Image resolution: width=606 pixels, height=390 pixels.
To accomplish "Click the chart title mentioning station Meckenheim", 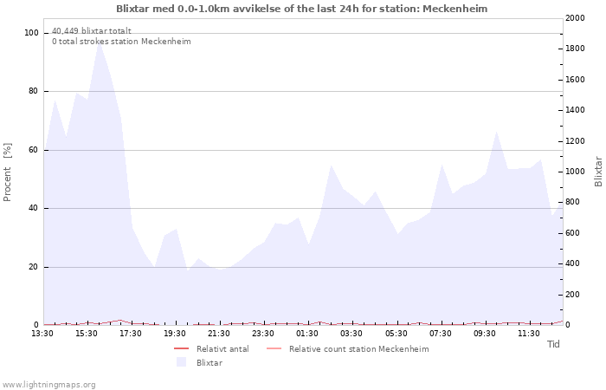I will point(302,9).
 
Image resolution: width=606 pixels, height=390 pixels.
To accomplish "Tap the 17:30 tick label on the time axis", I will point(131,334).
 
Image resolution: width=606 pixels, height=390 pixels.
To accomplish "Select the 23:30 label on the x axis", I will point(263,334).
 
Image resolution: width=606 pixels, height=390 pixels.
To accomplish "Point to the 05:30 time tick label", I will point(396,334).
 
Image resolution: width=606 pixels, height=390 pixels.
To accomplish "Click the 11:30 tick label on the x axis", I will point(529,334).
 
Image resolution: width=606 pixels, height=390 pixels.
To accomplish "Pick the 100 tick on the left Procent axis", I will point(32,33).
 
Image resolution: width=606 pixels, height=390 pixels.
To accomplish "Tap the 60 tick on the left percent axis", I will point(35,150).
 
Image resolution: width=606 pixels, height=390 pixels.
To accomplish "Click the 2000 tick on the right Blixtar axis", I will point(574,18).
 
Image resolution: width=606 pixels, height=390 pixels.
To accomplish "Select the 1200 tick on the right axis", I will point(574,141).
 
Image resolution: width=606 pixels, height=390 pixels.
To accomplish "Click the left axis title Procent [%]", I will point(9,172).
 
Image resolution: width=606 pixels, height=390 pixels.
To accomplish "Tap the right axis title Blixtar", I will point(598,172).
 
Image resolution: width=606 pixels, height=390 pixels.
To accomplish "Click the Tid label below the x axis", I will point(553,344).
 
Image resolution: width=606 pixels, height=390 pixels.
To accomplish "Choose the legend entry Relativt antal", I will point(222,349).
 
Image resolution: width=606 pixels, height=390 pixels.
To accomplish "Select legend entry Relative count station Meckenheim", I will point(358,349).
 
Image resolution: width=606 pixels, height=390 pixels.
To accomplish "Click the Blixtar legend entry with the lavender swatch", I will point(209,362).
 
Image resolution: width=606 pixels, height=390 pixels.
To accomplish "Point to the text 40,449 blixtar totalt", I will point(92,31).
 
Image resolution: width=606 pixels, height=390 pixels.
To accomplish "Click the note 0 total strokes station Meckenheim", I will point(121,42).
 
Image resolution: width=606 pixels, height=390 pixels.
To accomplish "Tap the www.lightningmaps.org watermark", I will point(48,384).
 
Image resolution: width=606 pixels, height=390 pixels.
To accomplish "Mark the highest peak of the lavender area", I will point(100,42).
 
